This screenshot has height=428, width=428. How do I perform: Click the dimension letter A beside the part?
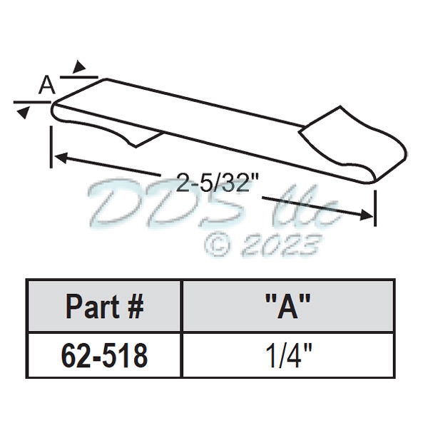click(x=46, y=86)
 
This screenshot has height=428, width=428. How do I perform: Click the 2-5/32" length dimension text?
click(x=216, y=184)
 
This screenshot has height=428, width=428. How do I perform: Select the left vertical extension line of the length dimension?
click(x=51, y=146)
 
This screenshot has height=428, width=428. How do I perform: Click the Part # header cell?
click(x=105, y=307)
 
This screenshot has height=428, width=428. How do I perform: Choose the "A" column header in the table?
click(x=288, y=307)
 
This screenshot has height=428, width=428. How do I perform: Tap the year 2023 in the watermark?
click(x=278, y=245)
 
